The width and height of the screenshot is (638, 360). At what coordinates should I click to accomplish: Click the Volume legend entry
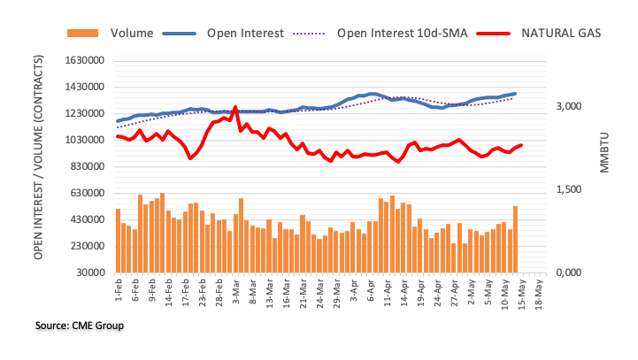132,34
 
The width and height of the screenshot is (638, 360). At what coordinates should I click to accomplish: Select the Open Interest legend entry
244,34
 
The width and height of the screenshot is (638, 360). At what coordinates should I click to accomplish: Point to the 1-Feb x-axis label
118,287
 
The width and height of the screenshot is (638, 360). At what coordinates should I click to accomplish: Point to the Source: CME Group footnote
80,326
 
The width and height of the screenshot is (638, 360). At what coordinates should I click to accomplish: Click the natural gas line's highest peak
235,108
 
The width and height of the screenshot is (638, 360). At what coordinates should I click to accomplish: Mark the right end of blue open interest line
515,94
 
